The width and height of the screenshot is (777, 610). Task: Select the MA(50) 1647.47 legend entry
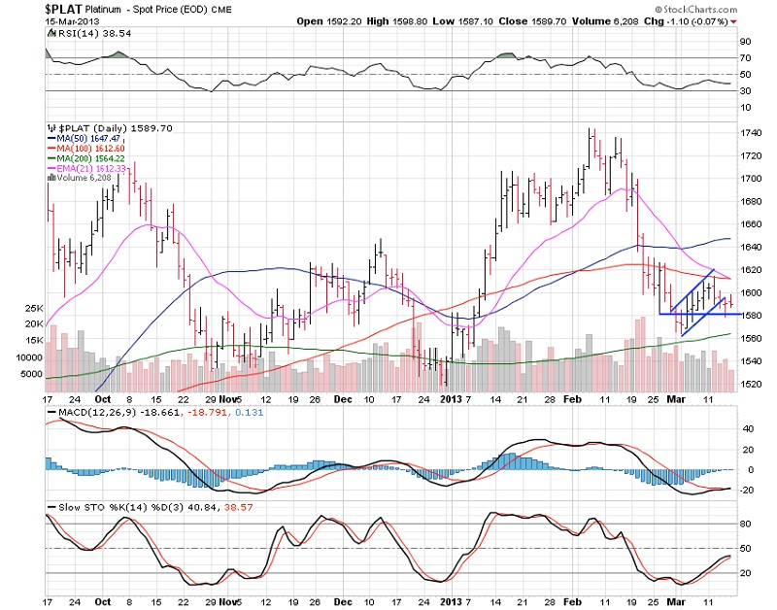click(x=90, y=139)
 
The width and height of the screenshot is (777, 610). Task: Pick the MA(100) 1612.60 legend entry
click(x=93, y=149)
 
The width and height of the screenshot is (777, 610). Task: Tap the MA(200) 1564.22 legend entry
click(x=93, y=158)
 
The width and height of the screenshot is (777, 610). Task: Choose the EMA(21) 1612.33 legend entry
click(x=93, y=168)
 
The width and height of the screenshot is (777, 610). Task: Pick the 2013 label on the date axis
click(x=449, y=397)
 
